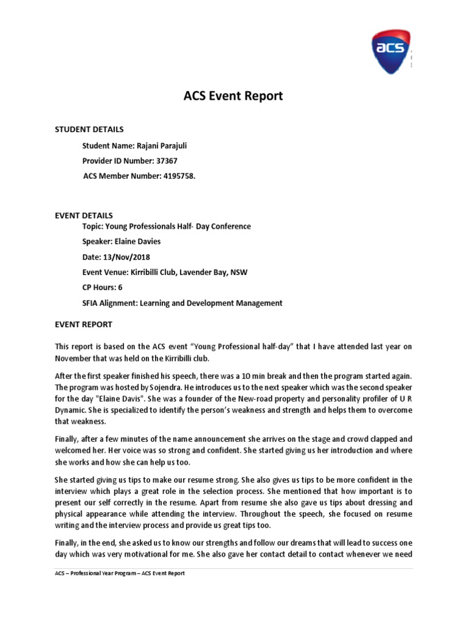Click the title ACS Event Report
[233, 96]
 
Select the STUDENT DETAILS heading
[89, 129]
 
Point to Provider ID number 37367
[167, 161]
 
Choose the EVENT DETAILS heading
[84, 215]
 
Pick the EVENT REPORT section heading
[83, 324]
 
